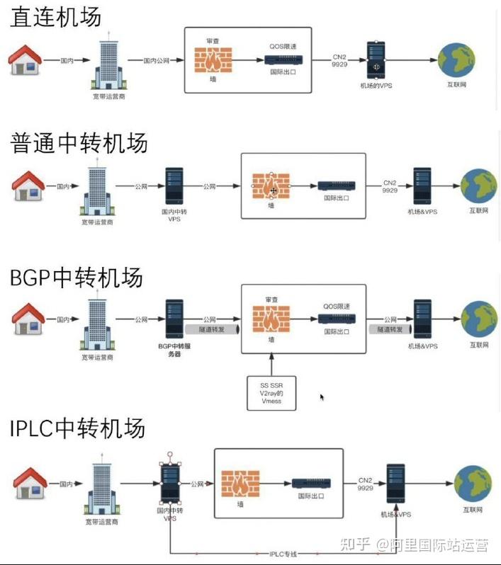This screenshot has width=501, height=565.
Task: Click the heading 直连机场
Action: click(x=55, y=17)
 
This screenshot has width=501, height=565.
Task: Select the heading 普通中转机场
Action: click(x=79, y=143)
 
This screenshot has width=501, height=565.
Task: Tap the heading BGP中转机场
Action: click(x=76, y=278)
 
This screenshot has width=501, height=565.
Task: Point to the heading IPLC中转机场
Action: click(x=77, y=428)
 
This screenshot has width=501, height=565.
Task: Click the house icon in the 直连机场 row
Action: click(x=25, y=59)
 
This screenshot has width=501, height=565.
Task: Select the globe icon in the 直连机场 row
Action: click(x=456, y=60)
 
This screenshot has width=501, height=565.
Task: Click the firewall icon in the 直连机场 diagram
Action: click(x=213, y=59)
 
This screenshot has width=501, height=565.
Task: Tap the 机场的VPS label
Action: click(x=376, y=86)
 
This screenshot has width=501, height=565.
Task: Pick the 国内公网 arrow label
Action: click(x=156, y=61)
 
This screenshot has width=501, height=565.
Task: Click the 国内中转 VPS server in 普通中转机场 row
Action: click(x=174, y=186)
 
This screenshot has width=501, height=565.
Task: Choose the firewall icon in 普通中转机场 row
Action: click(x=271, y=186)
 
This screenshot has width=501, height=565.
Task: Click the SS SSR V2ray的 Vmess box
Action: click(x=271, y=393)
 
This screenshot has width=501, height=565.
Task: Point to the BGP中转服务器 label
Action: click(x=174, y=350)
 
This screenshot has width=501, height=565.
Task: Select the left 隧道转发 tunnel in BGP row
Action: click(x=212, y=329)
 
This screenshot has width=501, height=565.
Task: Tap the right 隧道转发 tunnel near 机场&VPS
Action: click(x=390, y=329)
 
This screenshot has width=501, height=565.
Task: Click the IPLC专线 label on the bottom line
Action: click(x=283, y=554)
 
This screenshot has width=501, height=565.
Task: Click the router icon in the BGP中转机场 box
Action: click(x=337, y=319)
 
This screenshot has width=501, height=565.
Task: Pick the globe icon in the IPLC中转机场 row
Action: click(x=473, y=484)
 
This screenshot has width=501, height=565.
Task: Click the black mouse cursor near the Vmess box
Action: click(x=322, y=397)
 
